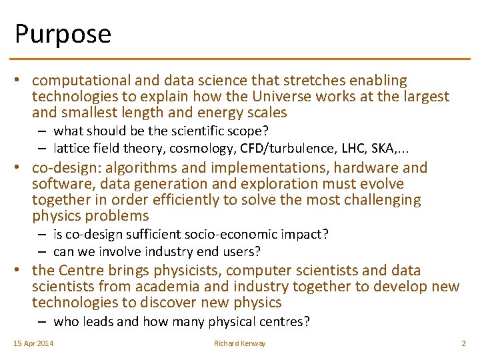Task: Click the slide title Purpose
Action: (x=63, y=33)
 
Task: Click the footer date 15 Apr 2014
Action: (x=34, y=343)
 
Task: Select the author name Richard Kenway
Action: (x=239, y=343)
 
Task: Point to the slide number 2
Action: (x=463, y=343)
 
